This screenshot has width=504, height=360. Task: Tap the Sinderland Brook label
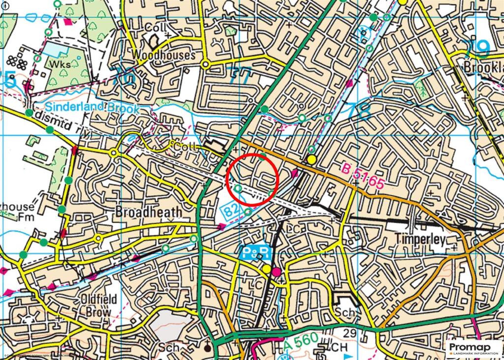(93, 108)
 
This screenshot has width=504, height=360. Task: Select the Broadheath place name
(148, 212)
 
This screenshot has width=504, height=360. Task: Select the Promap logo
(473, 349)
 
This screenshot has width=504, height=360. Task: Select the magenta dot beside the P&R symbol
(277, 271)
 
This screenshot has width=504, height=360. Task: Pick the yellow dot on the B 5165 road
(312, 159)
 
